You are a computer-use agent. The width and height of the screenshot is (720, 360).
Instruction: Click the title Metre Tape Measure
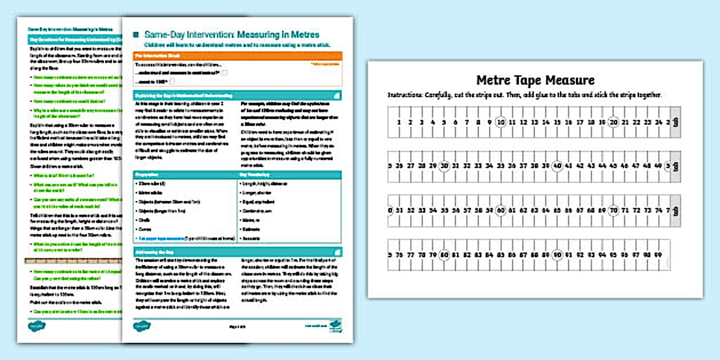pos(535,80)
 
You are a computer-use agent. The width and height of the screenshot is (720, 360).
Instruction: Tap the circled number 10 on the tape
pos(501,122)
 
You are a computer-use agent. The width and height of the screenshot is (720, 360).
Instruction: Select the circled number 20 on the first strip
pos(614,122)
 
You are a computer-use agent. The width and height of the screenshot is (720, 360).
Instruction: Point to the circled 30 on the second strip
pos(445,166)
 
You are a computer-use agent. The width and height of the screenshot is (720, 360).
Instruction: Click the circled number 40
pos(558,166)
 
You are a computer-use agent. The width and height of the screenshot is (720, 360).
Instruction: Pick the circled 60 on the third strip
pos(501,210)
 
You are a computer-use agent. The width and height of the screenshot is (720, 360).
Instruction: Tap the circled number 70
pos(614,210)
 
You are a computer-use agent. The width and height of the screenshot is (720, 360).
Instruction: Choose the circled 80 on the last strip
pos(445,254)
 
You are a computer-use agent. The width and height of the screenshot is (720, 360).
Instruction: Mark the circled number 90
pos(558,254)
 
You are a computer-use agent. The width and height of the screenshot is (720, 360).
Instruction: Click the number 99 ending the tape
pos(658,254)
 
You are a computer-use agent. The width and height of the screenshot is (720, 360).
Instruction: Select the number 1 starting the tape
pos(400,122)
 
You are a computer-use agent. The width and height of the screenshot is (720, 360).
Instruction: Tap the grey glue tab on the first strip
pos(675,122)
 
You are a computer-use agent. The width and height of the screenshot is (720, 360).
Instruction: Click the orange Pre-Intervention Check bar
pos(237,56)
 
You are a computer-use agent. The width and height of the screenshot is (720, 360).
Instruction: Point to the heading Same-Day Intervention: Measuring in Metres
pos(231,35)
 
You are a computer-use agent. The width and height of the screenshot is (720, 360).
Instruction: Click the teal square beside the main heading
pos(135,35)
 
